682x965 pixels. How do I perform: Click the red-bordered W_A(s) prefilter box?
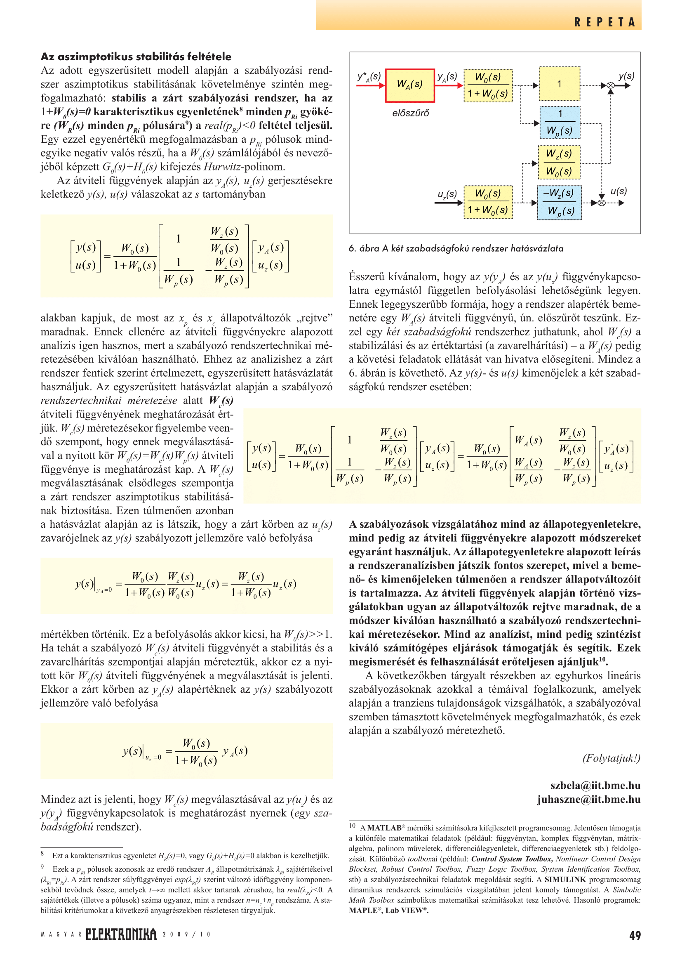pos(409,85)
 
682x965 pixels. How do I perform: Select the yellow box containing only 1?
pos(559,84)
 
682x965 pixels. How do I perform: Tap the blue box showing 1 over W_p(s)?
pos(560,123)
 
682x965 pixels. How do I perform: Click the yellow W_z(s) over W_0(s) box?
pos(559,162)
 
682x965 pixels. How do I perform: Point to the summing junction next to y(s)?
pos(611,86)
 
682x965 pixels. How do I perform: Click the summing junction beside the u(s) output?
pos(601,203)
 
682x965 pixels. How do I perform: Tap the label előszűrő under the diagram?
pos(410,113)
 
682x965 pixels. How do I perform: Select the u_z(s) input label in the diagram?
pos(447,194)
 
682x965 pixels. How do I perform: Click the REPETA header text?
pos(604,22)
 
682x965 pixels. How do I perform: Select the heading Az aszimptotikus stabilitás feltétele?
pos(136,57)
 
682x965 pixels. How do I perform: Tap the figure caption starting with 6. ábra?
pos(456,248)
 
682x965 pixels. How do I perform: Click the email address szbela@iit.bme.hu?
pos(595,786)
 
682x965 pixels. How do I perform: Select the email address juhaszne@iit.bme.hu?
pos(589,800)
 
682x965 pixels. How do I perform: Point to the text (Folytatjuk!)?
pos(611,758)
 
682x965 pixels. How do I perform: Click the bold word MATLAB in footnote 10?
pos(384,828)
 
